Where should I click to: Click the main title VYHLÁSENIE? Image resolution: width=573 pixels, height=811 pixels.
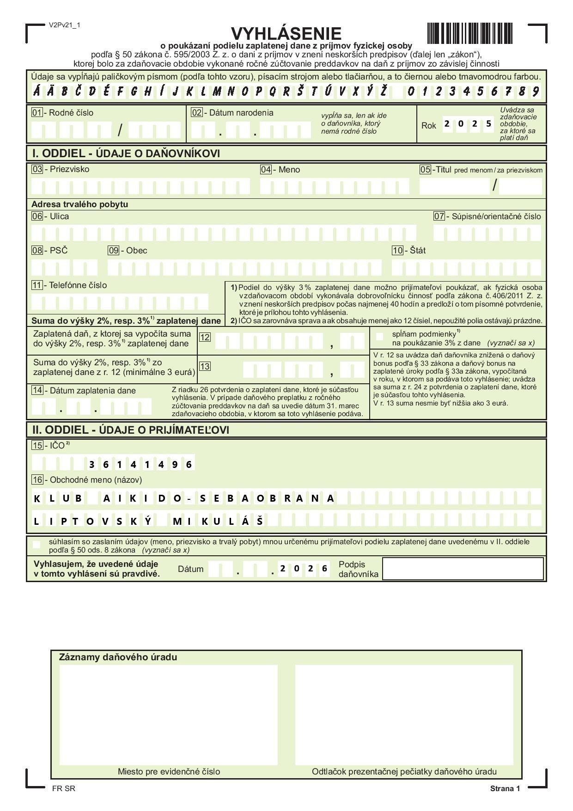pyautogui.click(x=286, y=33)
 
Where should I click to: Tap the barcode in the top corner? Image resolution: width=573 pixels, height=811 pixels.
pyautogui.click(x=469, y=33)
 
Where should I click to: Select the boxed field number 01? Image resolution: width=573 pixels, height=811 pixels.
pyautogui.click(x=37, y=112)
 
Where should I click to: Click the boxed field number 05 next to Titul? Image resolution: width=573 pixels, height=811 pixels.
pyautogui.click(x=425, y=170)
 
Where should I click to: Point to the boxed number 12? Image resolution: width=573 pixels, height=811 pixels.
pyautogui.click(x=205, y=337)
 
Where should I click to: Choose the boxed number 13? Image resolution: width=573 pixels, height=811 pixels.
pyautogui.click(x=205, y=366)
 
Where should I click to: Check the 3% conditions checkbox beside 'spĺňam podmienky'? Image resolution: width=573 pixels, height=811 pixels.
pyautogui.click(x=380, y=337)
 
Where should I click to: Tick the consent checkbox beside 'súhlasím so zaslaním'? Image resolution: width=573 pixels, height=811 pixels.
pyautogui.click(x=37, y=545)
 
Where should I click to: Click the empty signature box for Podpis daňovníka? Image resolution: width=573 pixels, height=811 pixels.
pyautogui.click(x=463, y=568)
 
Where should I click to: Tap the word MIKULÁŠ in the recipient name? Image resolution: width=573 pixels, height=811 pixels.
pyautogui.click(x=218, y=522)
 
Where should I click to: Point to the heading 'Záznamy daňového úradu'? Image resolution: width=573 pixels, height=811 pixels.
pyautogui.click(x=118, y=657)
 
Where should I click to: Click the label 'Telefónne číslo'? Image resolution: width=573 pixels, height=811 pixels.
pyautogui.click(x=78, y=285)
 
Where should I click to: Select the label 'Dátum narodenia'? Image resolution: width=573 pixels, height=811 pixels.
pyautogui.click(x=241, y=112)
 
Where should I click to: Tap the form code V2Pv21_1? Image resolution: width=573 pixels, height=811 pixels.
pyautogui.click(x=64, y=25)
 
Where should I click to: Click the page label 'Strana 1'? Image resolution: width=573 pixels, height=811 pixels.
pyautogui.click(x=505, y=789)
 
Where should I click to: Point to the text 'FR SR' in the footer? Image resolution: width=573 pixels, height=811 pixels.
pyautogui.click(x=64, y=789)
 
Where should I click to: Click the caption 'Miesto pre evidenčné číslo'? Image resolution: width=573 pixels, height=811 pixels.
pyautogui.click(x=169, y=771)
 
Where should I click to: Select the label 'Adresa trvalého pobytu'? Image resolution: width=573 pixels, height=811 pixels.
pyautogui.click(x=79, y=204)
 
